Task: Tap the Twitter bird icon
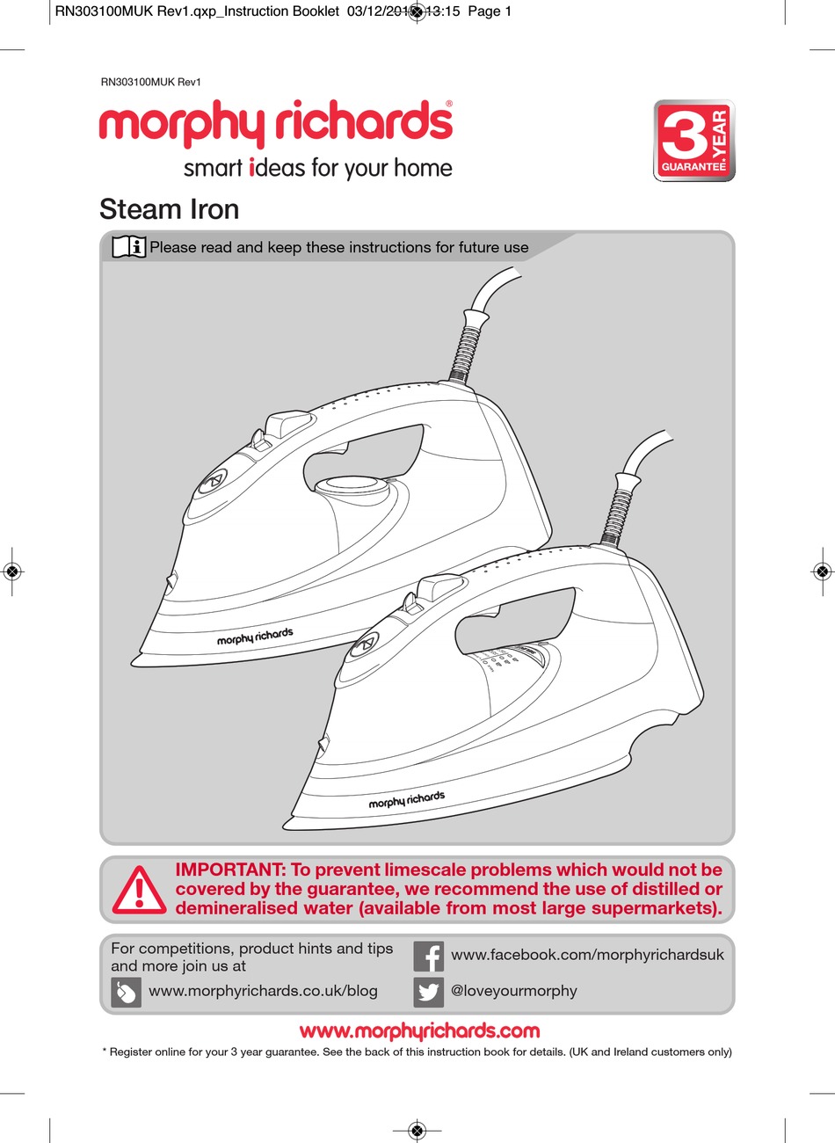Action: (429, 992)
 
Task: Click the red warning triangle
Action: (138, 889)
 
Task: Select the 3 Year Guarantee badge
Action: (693, 141)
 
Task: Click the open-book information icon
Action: (129, 247)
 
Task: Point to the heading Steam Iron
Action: (170, 209)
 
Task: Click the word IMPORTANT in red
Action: (230, 870)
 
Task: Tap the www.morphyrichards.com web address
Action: (419, 1030)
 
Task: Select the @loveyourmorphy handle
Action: (514, 991)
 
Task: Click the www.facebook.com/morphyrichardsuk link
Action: (587, 955)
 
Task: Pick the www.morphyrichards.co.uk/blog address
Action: (263, 991)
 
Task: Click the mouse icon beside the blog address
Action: (127, 993)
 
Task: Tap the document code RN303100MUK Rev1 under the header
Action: (151, 83)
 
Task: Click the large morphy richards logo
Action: (276, 123)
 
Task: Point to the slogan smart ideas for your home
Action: (317, 168)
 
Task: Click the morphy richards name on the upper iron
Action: (255, 637)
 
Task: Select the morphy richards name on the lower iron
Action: (406, 800)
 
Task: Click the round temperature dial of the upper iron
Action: (351, 483)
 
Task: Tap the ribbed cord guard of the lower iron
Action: (618, 507)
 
